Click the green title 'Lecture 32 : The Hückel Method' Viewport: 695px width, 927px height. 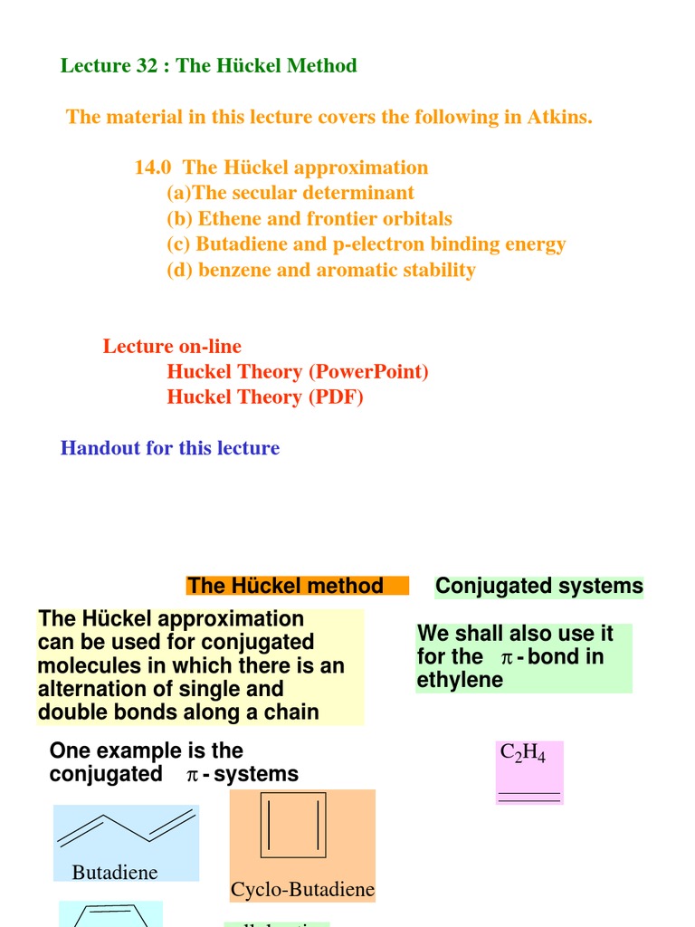208,65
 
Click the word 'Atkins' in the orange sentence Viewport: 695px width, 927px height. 558,117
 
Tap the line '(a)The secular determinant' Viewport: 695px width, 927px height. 290,193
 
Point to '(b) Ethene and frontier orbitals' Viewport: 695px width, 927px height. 309,218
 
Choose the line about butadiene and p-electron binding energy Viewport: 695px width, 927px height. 366,244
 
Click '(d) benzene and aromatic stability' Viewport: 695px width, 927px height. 320,270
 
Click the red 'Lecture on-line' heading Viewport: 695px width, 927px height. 172,346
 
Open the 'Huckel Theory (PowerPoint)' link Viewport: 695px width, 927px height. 297,371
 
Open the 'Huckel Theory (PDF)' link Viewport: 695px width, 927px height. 264,397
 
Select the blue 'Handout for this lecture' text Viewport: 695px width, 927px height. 170,448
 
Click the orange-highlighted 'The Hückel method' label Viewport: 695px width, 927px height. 285,586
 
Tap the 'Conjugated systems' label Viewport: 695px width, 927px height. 538,586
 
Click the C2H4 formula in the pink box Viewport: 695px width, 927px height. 523,754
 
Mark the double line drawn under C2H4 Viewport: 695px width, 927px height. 529,797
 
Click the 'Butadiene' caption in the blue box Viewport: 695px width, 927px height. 115,873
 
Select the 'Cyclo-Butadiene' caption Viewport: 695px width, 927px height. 302,890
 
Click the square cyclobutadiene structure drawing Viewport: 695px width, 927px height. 292,825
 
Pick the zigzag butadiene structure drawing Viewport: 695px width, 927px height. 127,826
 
